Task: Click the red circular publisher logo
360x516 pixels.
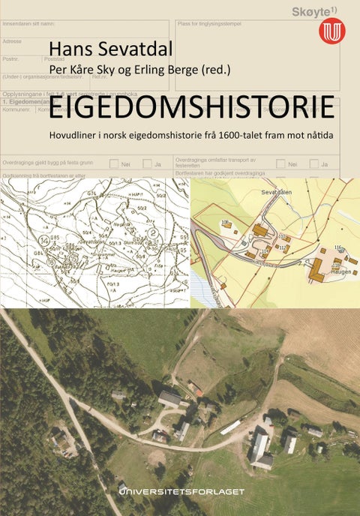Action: [x=331, y=31]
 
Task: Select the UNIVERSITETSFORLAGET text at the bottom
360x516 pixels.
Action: [x=182, y=490]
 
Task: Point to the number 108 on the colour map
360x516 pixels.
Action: [x=224, y=223]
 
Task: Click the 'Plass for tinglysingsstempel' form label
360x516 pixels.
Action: [x=214, y=23]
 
